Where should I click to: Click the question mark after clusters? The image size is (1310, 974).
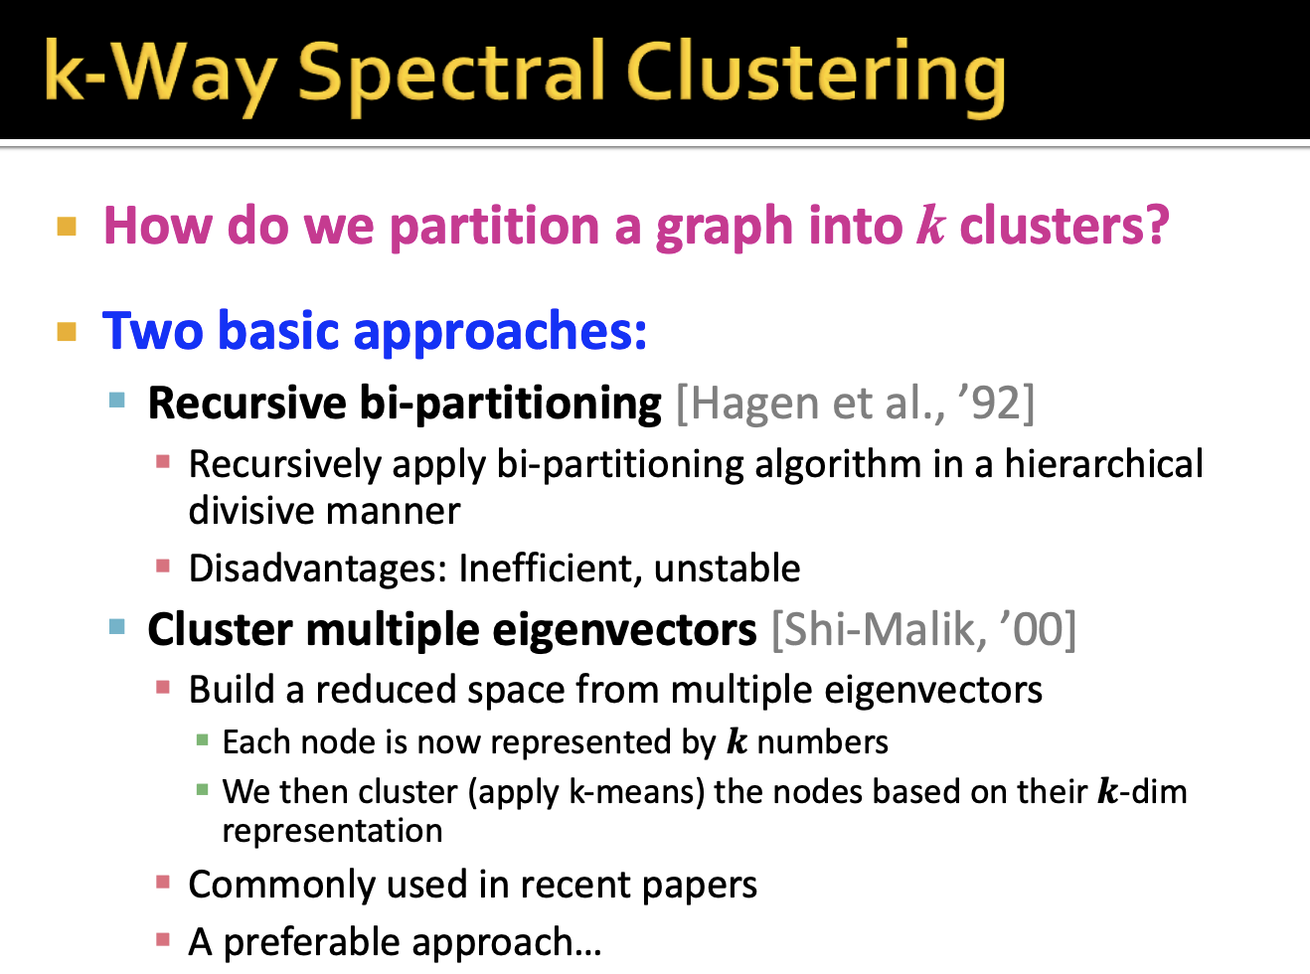click(1156, 226)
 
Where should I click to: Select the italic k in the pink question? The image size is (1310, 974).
click(930, 225)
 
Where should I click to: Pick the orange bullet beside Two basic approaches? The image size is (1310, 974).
click(67, 331)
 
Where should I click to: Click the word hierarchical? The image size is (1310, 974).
click(1103, 464)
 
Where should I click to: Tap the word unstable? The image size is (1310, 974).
click(727, 568)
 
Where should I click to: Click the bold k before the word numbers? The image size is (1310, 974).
click(737, 741)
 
